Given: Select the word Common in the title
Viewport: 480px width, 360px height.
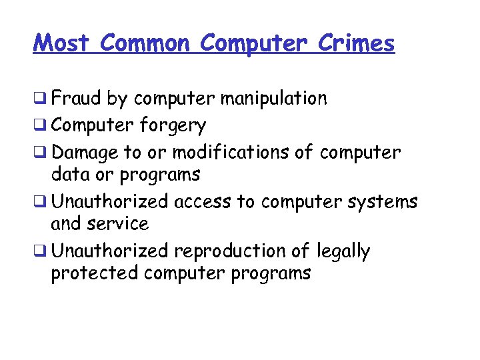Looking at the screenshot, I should click(x=145, y=43).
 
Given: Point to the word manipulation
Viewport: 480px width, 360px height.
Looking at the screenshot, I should click(x=274, y=99).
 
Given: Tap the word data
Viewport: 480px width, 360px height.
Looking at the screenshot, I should click(x=69, y=175).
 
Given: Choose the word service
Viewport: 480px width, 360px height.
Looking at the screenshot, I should click(x=121, y=223).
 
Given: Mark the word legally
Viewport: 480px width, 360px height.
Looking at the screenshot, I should click(x=343, y=251).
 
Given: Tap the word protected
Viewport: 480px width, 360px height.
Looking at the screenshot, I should click(x=94, y=273).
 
